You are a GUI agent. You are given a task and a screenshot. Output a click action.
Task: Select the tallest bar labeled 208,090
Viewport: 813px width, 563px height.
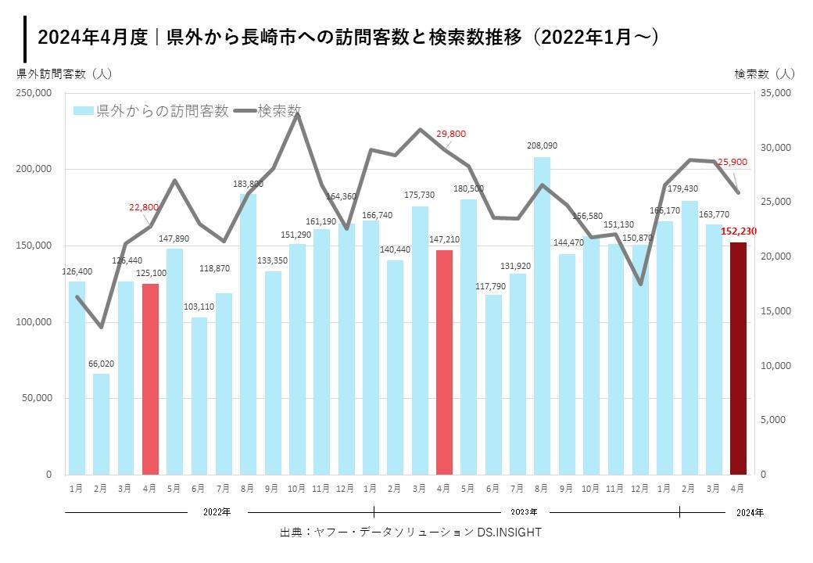(542, 316)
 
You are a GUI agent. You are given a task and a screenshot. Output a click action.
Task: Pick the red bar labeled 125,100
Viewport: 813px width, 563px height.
(151, 379)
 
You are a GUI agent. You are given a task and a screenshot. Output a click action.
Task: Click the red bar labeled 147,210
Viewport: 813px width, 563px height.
(444, 362)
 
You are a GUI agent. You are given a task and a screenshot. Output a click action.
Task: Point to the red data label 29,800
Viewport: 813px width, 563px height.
(451, 134)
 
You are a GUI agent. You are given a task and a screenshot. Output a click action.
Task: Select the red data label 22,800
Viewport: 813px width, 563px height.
(145, 207)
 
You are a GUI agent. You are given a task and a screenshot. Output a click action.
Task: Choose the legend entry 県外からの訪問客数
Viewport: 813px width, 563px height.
(152, 111)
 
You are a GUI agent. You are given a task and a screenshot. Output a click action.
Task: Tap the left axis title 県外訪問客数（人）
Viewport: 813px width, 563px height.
(65, 74)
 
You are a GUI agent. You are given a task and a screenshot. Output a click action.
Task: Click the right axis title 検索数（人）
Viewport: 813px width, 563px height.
(765, 74)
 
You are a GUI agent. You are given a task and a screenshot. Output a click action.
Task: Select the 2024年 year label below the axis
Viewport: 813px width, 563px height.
(750, 512)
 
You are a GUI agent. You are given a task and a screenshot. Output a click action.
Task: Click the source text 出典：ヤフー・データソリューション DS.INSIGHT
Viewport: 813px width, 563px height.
(410, 532)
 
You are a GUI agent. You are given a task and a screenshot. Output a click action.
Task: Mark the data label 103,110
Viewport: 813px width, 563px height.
(199, 306)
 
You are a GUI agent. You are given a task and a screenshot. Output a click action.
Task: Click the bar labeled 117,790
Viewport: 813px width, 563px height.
(493, 384)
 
